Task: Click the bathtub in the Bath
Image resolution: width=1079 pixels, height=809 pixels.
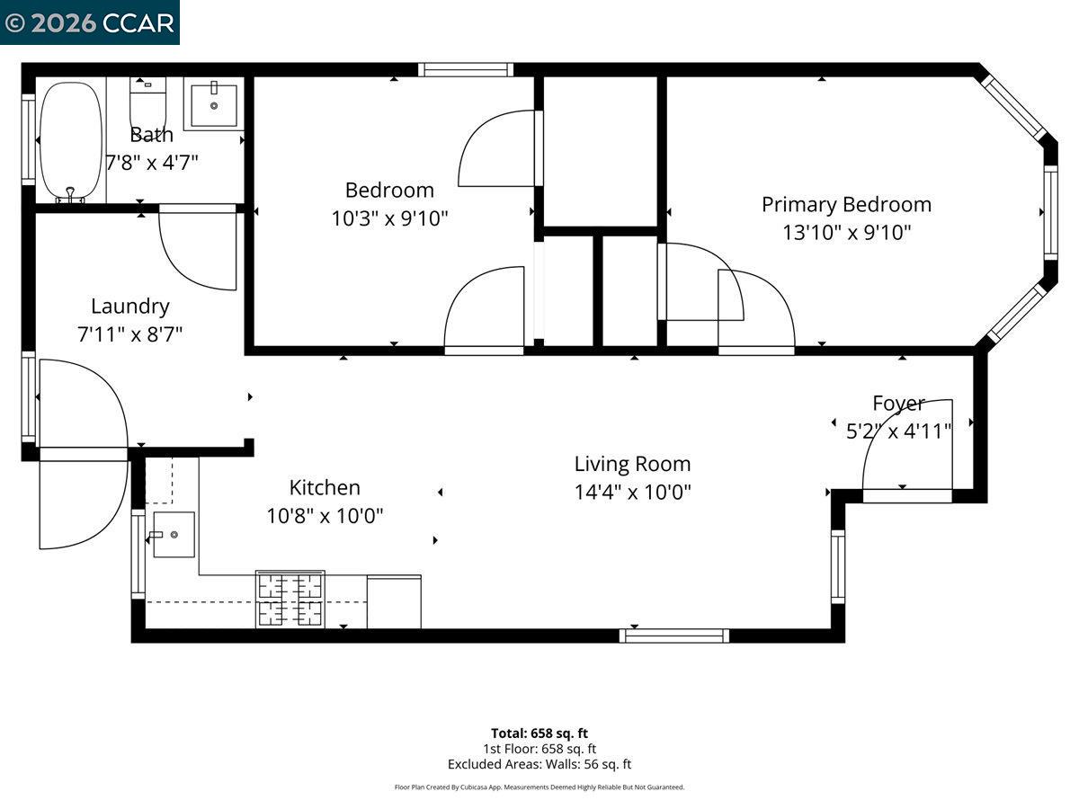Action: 71,141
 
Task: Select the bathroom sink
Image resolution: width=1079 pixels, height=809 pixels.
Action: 214,103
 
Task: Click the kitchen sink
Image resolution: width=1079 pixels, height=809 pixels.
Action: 174,534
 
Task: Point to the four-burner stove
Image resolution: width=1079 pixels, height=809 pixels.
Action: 290,599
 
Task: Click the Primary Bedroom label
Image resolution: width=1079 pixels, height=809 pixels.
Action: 846,205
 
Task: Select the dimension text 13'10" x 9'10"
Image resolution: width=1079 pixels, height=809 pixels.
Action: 846,233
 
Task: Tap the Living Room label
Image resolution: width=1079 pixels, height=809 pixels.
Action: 632,464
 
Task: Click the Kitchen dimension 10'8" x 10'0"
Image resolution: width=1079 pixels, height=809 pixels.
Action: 325,516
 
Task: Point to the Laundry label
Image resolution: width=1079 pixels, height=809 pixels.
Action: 130,307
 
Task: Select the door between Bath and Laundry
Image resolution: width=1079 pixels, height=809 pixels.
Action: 198,247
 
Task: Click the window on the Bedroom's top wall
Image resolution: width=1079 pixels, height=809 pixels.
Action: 466,70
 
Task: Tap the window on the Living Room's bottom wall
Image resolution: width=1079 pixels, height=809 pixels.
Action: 674,636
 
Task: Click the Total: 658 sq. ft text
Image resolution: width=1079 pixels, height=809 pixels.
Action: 539,733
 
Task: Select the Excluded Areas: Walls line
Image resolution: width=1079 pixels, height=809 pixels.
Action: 539,764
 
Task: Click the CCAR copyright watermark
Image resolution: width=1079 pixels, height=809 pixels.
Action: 89,22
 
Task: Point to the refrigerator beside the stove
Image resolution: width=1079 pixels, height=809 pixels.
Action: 394,601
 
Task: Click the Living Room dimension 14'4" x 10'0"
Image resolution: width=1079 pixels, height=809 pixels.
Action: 632,492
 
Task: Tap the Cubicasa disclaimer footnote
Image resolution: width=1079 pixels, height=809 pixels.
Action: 539,787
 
